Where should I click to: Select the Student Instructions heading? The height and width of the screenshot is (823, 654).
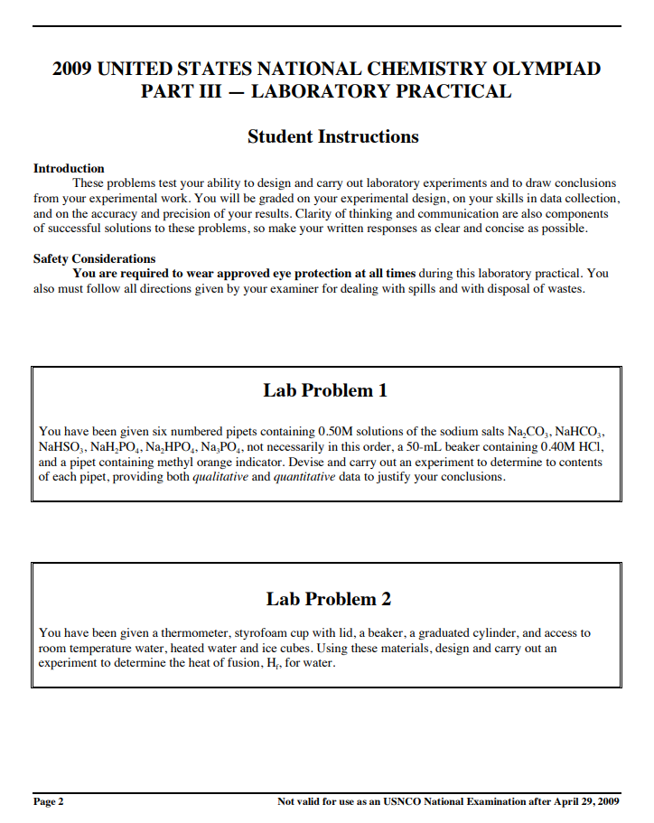click(332, 136)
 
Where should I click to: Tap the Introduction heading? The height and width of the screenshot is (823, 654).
click(69, 168)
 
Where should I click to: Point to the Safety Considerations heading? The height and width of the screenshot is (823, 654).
click(94, 258)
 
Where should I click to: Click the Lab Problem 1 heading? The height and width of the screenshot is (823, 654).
click(325, 390)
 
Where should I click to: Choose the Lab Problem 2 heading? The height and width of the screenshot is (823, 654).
click(328, 599)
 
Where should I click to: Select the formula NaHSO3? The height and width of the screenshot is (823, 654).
click(61, 447)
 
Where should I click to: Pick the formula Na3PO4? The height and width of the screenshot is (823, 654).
click(221, 447)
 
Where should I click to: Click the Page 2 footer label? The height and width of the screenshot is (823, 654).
click(49, 801)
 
